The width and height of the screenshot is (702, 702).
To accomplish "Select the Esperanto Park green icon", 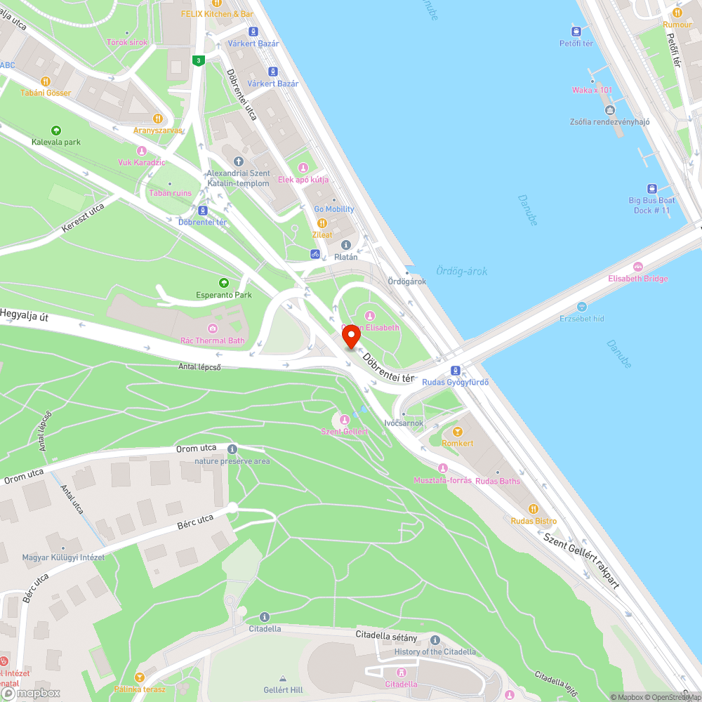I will point(224,282).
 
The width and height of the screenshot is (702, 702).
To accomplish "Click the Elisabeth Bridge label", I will point(638,279).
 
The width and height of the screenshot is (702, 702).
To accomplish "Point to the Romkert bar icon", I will point(458,431).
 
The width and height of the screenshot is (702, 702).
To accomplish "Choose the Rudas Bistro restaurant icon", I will point(534,508).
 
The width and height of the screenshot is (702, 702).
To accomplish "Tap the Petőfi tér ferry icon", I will point(576,31).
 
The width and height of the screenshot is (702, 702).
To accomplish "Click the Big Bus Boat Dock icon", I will point(652,188).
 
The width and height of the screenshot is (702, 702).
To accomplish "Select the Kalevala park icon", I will point(56,130).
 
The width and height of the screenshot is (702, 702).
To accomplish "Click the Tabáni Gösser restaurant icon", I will point(46,81).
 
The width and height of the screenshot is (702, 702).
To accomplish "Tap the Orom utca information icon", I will point(232,449).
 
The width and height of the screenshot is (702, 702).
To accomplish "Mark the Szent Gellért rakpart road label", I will point(582,559).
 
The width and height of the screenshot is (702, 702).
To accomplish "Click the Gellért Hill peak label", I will point(284,689).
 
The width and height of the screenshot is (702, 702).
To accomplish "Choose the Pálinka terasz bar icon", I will point(140,677).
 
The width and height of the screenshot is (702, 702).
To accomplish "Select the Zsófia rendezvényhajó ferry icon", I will point(609,110).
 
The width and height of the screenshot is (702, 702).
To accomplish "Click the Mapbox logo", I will point(31,693).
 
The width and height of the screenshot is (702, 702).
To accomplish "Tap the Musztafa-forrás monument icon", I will point(442,468).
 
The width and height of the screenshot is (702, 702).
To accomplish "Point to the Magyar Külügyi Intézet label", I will point(63,557).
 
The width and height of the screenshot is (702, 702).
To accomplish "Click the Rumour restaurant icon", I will point(677,13).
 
